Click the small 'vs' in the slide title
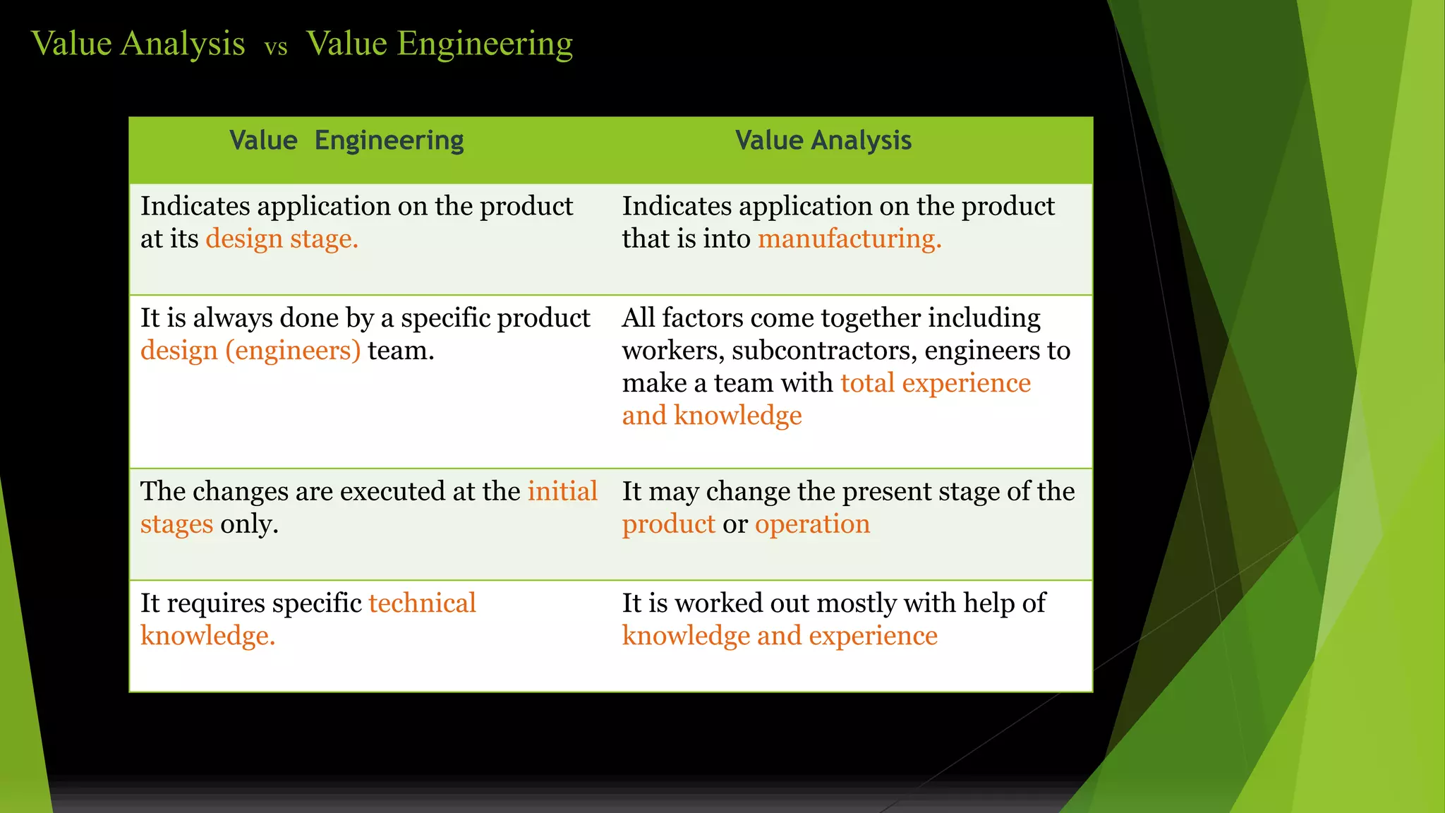pyautogui.click(x=276, y=47)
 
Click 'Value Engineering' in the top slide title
pyautogui.click(x=440, y=44)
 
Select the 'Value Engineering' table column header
pyautogui.click(x=346, y=140)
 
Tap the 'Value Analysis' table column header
pyautogui.click(x=823, y=140)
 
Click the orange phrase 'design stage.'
pyautogui.click(x=282, y=239)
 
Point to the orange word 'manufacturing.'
pyautogui.click(x=850, y=239)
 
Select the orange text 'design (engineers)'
pyautogui.click(x=250, y=351)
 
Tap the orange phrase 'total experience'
pyautogui.click(x=936, y=383)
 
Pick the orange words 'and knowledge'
pyautogui.click(x=711, y=416)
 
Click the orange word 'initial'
pyautogui.click(x=562, y=491)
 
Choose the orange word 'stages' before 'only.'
pyautogui.click(x=176, y=524)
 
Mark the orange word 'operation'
pyautogui.click(x=812, y=524)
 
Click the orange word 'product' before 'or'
pyautogui.click(x=668, y=524)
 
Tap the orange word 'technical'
pyautogui.click(x=422, y=603)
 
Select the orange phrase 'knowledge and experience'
pyautogui.click(x=779, y=636)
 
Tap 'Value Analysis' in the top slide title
pyautogui.click(x=138, y=44)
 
